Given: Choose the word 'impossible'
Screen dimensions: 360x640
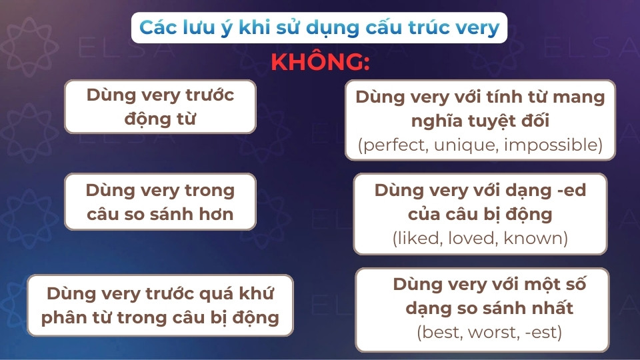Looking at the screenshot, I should point(553,145).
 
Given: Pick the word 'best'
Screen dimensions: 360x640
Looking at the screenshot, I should point(439,331).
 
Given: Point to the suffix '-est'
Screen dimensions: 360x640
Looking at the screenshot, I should point(543,331).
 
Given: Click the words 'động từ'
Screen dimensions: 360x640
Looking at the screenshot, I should point(161,119).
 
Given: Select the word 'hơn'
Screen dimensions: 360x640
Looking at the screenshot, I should point(219,213).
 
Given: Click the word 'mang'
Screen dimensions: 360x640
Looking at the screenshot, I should point(582,97).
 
